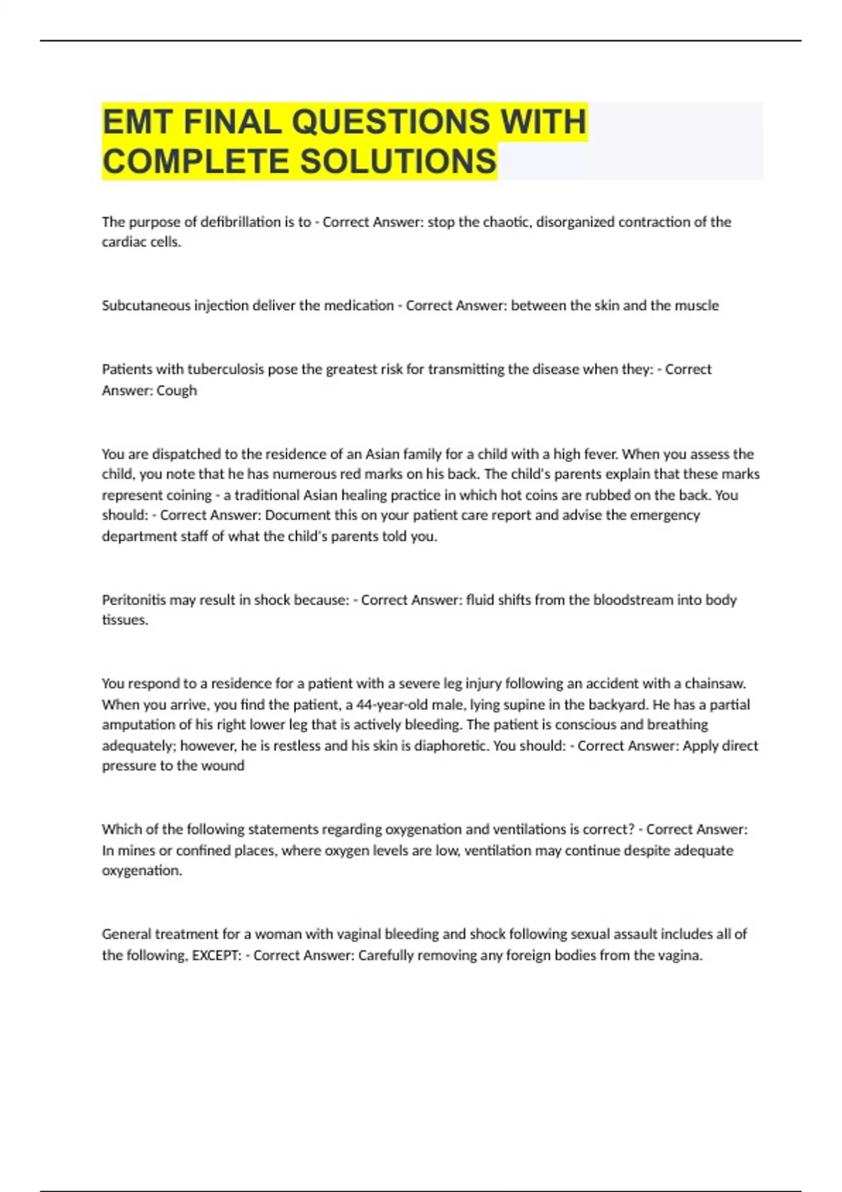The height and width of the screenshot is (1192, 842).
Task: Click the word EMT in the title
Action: (138, 122)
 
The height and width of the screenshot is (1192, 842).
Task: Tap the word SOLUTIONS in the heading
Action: (399, 161)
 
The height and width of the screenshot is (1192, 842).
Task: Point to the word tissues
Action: (124, 621)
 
